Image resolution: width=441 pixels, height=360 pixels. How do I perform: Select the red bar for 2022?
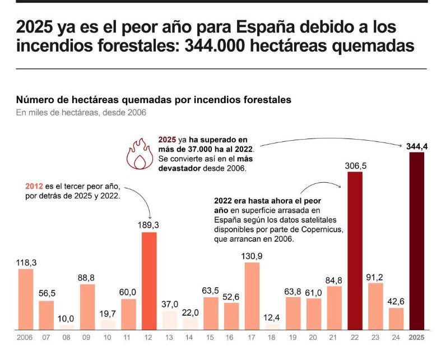(x=355, y=250)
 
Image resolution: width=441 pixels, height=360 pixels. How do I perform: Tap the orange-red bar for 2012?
(x=149, y=280)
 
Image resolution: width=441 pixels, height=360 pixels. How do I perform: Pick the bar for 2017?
(x=252, y=295)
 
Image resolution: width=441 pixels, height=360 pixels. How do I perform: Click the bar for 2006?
(x=26, y=298)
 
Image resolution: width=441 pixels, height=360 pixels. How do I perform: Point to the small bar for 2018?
(x=272, y=325)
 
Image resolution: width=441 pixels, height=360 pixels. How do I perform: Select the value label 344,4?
(x=417, y=146)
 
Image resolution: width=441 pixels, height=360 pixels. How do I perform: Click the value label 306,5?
(x=355, y=165)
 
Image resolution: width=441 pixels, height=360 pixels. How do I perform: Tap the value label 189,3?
(x=149, y=225)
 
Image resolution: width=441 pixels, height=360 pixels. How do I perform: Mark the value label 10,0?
(x=67, y=319)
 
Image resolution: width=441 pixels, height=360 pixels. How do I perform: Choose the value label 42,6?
(x=396, y=301)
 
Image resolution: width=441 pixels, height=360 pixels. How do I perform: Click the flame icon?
(x=138, y=154)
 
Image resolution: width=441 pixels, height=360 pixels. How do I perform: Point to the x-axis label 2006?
(x=26, y=338)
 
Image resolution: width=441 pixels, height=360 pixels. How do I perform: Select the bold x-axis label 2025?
(x=416, y=338)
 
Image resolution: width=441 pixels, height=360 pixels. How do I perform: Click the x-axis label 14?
(x=191, y=338)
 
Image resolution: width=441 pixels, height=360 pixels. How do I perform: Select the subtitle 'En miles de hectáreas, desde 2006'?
(x=81, y=113)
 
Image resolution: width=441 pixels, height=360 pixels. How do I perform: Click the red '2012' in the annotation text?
(x=35, y=187)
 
